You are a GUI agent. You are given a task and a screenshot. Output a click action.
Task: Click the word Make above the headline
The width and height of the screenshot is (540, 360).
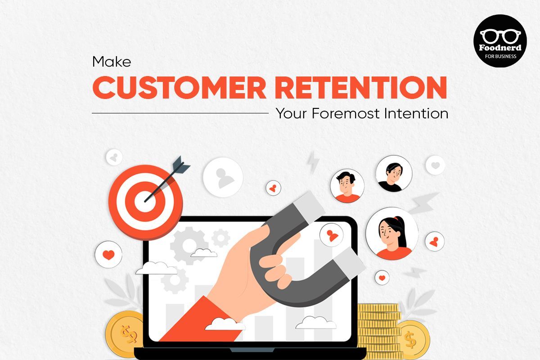coord(112,62)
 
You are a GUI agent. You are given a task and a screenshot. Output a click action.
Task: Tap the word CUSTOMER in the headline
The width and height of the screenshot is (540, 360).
coord(180,87)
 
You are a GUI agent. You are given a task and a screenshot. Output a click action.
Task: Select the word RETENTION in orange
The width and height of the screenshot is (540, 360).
coord(361,87)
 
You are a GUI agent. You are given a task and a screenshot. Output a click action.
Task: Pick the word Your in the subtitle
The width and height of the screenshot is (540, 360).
coord(292,113)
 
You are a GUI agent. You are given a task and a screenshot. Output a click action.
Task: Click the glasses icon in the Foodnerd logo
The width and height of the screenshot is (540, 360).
coord(500,36)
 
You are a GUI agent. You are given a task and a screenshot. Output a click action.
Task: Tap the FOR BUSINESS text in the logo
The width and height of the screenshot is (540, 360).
coord(500,56)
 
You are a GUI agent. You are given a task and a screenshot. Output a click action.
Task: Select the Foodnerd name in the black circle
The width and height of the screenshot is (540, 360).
coord(500,48)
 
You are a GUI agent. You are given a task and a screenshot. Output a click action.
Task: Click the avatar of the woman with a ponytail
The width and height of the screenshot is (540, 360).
coord(392,234)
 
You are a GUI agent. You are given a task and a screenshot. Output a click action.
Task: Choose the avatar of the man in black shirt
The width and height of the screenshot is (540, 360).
coord(394,174)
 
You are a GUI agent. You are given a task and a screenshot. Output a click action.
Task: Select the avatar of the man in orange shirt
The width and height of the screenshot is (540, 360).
coord(347,186)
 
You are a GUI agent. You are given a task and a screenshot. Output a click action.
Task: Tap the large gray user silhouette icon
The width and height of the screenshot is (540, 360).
coord(223,177)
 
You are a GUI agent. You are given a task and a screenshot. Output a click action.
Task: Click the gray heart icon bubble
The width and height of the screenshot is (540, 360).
coord(435,165)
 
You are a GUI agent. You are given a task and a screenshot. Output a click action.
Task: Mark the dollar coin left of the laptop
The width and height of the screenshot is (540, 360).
coord(125,334)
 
